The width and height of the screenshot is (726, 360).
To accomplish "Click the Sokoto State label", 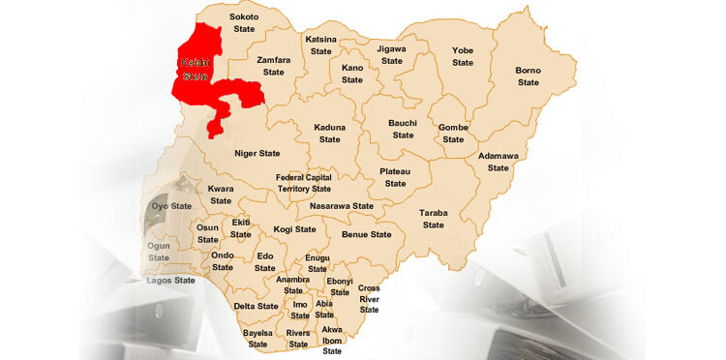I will tap(244, 23).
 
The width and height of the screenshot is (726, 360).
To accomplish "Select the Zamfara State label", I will tap(274, 66).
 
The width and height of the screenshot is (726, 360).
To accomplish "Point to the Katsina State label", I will tap(321, 45).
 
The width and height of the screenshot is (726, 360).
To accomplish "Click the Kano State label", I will tap(352, 75).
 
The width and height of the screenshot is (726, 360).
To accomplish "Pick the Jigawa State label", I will tap(391, 54).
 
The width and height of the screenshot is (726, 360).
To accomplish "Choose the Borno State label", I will tap(528, 76).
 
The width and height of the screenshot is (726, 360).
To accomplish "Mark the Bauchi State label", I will tap(402, 129).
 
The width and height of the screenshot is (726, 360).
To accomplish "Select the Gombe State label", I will tap(453, 134).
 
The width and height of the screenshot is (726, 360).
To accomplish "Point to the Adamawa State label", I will tap(498, 162).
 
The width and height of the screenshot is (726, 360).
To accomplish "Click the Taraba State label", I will tap(433, 219).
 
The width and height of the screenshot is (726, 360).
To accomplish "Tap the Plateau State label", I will tap(395, 177).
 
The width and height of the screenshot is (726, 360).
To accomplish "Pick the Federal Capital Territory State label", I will tap(303, 183).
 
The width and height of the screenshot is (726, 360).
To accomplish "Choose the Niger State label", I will tap(257, 153).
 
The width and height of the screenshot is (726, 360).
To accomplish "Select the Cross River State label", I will tap(369, 299).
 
